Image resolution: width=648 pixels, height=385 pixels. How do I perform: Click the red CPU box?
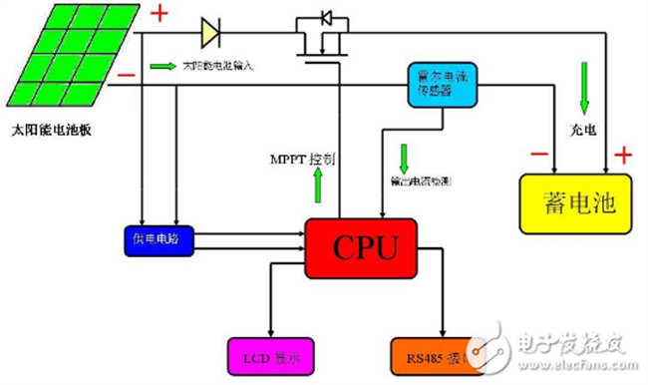click(x=362, y=244)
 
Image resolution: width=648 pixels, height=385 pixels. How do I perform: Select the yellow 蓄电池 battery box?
click(x=576, y=206)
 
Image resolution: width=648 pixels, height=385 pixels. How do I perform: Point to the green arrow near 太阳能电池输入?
click(x=162, y=67)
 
